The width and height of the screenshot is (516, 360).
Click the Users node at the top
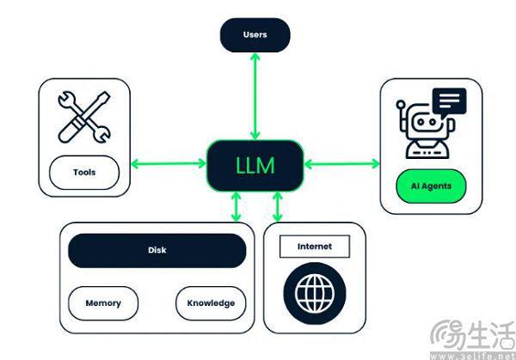[x=255, y=35]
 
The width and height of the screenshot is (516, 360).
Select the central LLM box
[x=255, y=164]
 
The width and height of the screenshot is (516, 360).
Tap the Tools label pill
[x=84, y=172]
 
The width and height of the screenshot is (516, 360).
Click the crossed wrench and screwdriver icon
[x=83, y=118]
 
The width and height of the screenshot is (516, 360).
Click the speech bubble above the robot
[x=450, y=103]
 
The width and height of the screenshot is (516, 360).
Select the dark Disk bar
[x=157, y=251]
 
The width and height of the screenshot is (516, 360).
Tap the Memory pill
[x=103, y=303]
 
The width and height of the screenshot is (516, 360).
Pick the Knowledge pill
[x=211, y=303]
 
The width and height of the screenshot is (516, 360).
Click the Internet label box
[x=314, y=247]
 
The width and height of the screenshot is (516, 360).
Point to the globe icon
[x=314, y=292]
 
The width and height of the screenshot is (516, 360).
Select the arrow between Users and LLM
[x=255, y=95]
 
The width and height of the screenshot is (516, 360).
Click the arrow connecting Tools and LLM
[x=169, y=163]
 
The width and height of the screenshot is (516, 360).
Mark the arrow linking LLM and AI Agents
[x=341, y=163]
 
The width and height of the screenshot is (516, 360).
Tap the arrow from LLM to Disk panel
[x=236, y=206]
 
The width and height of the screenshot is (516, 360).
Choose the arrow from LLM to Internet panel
[x=277, y=206]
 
